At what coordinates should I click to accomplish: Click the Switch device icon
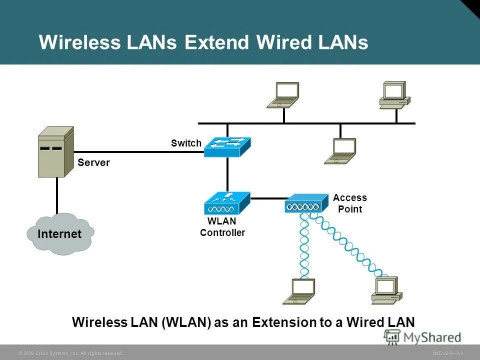pos(227,146)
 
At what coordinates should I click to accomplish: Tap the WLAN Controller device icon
pos(227,203)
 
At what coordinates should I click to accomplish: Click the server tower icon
pos(55,151)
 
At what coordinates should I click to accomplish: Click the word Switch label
pos(186,143)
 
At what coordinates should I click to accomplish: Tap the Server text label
pos(93,163)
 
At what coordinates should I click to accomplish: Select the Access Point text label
pos(350,203)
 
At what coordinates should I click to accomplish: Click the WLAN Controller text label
pos(222,227)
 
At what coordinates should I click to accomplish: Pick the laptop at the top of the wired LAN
pos(283,95)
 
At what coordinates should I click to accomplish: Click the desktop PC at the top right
pos(394,95)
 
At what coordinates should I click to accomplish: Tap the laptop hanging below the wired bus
pos(340,151)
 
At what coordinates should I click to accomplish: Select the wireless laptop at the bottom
pos(299,291)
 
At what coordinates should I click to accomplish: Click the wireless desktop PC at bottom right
pos(386,290)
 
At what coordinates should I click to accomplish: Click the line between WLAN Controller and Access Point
pos(267,198)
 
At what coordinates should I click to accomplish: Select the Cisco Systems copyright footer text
pos(70,353)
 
